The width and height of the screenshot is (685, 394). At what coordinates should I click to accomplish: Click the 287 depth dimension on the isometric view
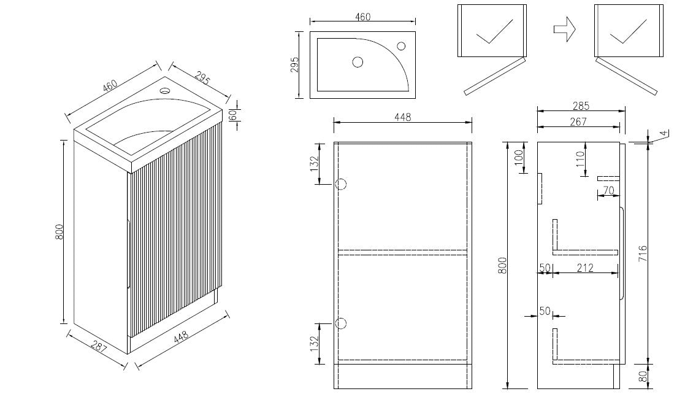click(99, 347)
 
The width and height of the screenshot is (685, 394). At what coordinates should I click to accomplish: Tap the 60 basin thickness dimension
click(233, 115)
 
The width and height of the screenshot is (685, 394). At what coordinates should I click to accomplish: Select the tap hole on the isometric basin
click(165, 91)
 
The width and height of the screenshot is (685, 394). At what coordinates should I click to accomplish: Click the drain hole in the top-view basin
click(358, 62)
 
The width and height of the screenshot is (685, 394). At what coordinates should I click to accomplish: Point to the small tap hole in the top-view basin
click(401, 45)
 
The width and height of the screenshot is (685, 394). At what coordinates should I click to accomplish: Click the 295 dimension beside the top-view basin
click(295, 64)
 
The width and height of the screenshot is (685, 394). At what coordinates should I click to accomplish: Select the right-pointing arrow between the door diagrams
click(565, 29)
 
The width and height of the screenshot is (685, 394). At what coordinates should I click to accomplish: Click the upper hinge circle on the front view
click(341, 184)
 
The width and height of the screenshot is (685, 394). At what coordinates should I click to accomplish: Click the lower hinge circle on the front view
click(341, 323)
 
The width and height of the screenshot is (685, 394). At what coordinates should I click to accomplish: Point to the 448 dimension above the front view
click(402, 117)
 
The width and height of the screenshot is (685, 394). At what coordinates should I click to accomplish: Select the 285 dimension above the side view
click(581, 106)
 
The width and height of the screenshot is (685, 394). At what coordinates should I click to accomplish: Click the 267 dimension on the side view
click(578, 122)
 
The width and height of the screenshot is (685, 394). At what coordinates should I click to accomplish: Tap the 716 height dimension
click(643, 253)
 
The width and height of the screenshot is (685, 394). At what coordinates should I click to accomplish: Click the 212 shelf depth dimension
click(585, 268)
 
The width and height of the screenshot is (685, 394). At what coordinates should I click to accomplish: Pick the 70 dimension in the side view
click(608, 191)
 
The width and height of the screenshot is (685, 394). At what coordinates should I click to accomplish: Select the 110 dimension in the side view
click(580, 159)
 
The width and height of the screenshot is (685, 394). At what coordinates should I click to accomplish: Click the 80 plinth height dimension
click(643, 376)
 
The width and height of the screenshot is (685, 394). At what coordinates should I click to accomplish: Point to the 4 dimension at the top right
click(664, 133)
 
